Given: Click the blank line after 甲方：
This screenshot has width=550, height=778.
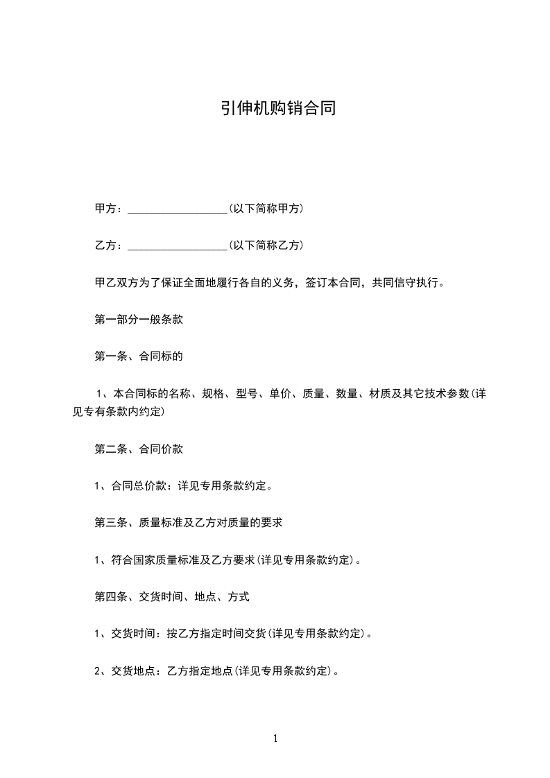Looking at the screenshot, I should click(x=178, y=208).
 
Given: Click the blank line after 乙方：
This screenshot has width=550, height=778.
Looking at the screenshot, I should click(x=178, y=245).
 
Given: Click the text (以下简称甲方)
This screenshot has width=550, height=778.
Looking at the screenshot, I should click(x=266, y=208).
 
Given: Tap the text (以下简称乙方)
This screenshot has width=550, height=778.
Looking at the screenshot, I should click(x=266, y=245).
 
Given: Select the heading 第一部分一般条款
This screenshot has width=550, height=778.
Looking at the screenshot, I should click(x=139, y=320).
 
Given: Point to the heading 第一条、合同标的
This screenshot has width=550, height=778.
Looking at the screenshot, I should click(x=139, y=357).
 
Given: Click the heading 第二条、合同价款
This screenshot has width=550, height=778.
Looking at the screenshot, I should click(x=139, y=449).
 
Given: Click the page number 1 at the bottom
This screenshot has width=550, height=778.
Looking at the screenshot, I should click(x=275, y=738).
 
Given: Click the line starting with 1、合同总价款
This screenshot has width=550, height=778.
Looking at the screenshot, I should click(x=182, y=486).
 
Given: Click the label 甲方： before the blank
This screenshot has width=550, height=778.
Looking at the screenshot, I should click(x=110, y=208).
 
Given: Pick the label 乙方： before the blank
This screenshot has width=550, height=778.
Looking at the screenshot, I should click(x=110, y=245).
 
